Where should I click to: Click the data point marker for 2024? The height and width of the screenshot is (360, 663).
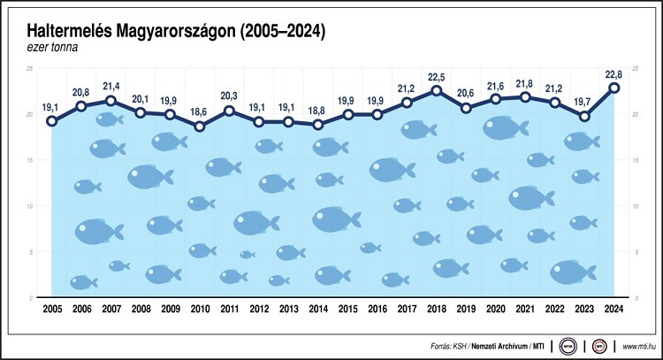click(614, 88)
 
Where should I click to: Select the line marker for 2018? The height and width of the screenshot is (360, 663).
click(437, 90)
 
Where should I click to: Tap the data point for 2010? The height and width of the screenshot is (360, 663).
click(200, 126)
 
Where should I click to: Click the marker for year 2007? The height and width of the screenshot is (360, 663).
click(110, 101)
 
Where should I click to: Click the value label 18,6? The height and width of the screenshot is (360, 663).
click(198, 112)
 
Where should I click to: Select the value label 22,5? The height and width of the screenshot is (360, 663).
click(436, 76)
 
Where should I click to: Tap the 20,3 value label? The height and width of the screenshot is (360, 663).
click(229, 96)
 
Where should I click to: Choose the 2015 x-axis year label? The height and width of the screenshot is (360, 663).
click(347, 310)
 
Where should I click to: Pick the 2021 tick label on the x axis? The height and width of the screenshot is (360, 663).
click(525, 310)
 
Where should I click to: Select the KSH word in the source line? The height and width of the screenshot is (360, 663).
click(460, 345)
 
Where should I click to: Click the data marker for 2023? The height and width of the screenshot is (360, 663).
click(584, 116)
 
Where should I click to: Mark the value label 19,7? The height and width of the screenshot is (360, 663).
click(584, 102)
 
